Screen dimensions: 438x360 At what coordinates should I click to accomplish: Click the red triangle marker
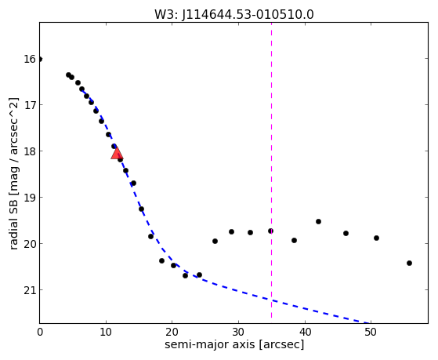pyautogui.click(x=117, y=153)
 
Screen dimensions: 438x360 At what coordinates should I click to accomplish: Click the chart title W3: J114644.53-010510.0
pyautogui.click(x=234, y=15)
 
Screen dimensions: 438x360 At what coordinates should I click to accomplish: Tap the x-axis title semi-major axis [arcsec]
pyautogui.click(x=234, y=344)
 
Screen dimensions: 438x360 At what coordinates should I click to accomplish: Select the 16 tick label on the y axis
pyautogui.click(x=30, y=59)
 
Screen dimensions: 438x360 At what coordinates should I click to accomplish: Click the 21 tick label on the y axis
pyautogui.click(x=30, y=290)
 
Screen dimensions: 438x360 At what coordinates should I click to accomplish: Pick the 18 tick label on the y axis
pyautogui.click(x=30, y=151)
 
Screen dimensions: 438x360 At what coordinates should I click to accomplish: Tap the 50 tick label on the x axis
pyautogui.click(x=371, y=333)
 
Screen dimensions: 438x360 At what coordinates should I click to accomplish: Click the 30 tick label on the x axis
pyautogui.click(x=238, y=333)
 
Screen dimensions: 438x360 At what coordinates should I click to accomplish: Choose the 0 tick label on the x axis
pyautogui.click(x=40, y=333)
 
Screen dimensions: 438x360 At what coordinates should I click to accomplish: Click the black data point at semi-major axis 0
pyautogui.click(x=40, y=59)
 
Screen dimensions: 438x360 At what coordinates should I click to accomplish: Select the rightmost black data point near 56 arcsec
pyautogui.click(x=409, y=263)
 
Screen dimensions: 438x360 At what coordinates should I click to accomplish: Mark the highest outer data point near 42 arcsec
pyautogui.click(x=318, y=221)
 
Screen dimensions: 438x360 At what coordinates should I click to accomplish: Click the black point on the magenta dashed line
pyautogui.click(x=270, y=231)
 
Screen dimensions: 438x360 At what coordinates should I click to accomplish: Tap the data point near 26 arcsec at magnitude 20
pyautogui.click(x=215, y=241)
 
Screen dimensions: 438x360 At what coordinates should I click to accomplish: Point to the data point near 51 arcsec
pyautogui.click(x=376, y=238)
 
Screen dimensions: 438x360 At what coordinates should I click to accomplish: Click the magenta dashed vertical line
pyautogui.click(x=272, y=170)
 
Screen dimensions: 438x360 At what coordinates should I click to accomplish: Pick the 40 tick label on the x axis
pyautogui.click(x=305, y=333)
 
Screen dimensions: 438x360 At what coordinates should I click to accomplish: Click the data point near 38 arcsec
pyautogui.click(x=294, y=240)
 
